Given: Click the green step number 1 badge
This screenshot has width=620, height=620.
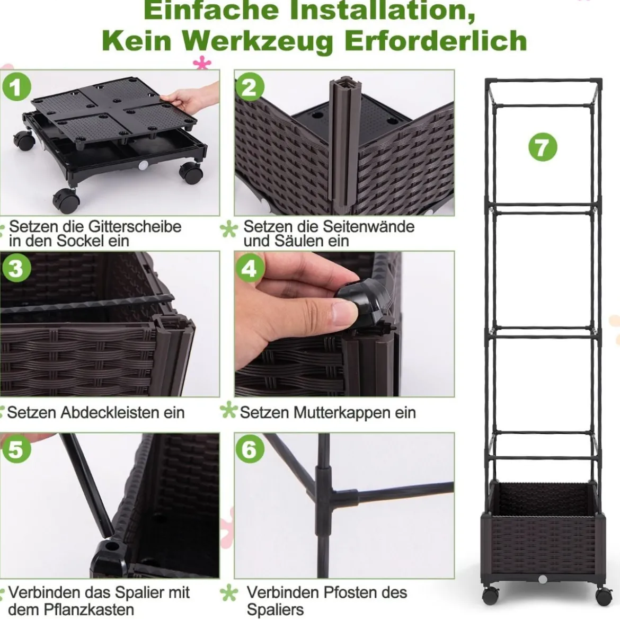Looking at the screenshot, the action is (x=16, y=86).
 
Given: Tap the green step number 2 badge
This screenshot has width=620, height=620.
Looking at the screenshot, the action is (x=250, y=86).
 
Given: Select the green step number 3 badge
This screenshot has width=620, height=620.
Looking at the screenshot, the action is (x=16, y=269).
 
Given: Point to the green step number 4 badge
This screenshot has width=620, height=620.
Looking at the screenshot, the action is (x=249, y=269).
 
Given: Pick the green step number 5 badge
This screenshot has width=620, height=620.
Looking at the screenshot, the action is (x=16, y=449).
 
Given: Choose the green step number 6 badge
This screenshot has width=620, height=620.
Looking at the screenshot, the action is (x=250, y=449).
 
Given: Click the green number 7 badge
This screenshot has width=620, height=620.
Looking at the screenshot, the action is (x=543, y=147).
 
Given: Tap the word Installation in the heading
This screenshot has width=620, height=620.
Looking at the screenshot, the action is (x=383, y=10).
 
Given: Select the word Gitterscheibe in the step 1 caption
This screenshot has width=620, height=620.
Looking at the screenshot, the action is (x=135, y=227).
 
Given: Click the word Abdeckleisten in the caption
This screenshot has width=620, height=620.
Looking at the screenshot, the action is (x=110, y=412).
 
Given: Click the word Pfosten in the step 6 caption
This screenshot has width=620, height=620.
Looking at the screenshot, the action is (x=353, y=592).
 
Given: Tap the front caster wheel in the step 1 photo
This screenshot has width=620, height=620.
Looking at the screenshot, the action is (x=66, y=201).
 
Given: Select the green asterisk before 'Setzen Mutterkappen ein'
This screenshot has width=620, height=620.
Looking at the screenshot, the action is (x=228, y=410).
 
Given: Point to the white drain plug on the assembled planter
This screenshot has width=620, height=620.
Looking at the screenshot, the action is (x=543, y=579).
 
